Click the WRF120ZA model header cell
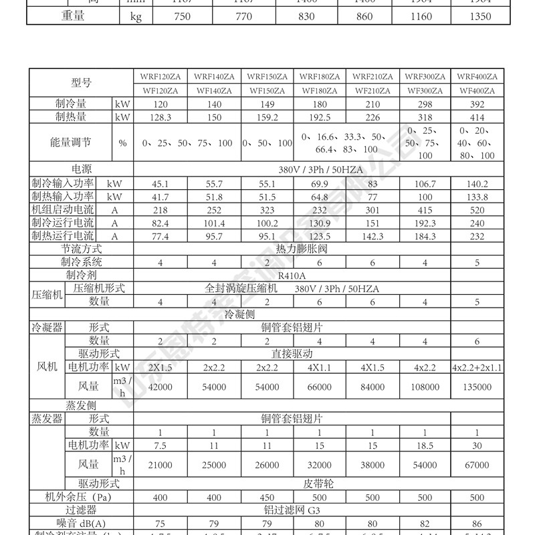(160, 77)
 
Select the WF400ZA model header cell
(477, 91)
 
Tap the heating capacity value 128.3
(160, 118)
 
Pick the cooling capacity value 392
(477, 104)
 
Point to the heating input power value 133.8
(477, 197)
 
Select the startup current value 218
(160, 210)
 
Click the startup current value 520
(477, 210)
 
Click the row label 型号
(80, 84)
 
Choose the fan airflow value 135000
(477, 387)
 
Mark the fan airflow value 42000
(160, 387)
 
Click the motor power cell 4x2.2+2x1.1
(477, 367)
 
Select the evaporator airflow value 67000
(477, 464)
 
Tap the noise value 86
(477, 523)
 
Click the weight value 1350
(477, 16)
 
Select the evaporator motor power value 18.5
(425, 445)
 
